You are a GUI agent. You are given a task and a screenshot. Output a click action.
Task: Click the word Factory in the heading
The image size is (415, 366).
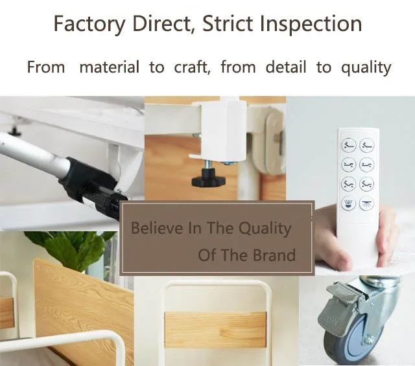point(89,24)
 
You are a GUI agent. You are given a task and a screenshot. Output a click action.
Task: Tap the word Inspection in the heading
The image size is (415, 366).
point(311,24)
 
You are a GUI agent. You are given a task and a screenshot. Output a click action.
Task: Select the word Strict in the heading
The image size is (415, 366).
point(228,23)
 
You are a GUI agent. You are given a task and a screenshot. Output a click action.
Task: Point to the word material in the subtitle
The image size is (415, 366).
point(110,67)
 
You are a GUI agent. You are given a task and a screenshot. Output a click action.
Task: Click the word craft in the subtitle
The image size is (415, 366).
point(192,67)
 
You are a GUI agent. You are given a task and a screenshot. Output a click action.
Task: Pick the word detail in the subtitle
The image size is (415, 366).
point(285,67)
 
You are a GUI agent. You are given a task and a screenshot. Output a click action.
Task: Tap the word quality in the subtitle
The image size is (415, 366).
point(366,68)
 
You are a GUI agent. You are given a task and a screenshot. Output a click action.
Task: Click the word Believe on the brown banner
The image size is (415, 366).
point(157,227)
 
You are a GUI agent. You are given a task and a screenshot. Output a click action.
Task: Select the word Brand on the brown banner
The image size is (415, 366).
point(274,255)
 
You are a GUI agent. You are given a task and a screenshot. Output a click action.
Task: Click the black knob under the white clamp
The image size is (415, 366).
point(209,177)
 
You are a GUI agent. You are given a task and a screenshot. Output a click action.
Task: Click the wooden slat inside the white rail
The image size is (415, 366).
point(215,330)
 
